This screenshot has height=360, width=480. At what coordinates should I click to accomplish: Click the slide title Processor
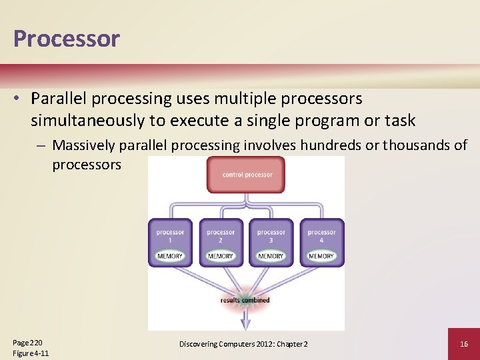point(66,39)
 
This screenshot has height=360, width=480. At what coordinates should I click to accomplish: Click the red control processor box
point(247,175)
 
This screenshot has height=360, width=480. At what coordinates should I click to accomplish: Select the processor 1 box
point(170,241)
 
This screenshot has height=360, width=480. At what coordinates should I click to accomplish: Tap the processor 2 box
point(221,241)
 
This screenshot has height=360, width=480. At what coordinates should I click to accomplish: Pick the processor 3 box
point(271,241)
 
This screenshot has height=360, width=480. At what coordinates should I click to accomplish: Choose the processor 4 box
point(321,241)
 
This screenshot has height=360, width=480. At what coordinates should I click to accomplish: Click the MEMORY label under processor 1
point(170,256)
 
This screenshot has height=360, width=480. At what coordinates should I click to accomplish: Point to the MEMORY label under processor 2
point(221,256)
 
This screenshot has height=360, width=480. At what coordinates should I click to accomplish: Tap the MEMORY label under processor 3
point(271,256)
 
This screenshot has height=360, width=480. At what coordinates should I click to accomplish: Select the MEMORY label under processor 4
point(321,256)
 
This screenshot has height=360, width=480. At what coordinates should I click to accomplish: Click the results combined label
point(245,300)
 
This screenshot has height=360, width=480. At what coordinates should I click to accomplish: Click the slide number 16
point(463,343)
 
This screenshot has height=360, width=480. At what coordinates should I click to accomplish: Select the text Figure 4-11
point(31,353)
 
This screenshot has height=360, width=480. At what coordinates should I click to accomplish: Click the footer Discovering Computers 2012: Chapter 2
point(243,343)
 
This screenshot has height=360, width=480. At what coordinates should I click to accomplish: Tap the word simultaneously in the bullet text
point(91,121)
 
